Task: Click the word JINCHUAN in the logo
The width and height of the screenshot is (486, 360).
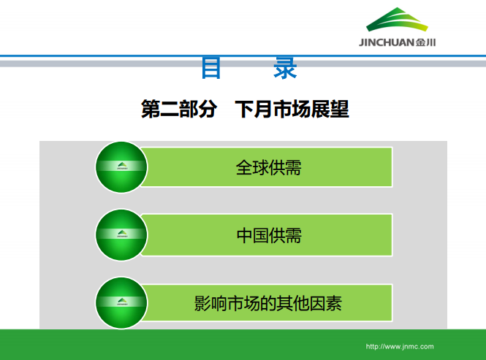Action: pyautogui.click(x=387, y=42)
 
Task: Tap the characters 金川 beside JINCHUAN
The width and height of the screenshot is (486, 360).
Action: pyautogui.click(x=426, y=42)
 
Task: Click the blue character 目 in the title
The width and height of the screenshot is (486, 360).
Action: pyautogui.click(x=212, y=68)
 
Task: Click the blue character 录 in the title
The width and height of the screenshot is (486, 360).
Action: pyautogui.click(x=285, y=68)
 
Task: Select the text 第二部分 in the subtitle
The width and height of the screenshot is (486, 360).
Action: pyautogui.click(x=179, y=110)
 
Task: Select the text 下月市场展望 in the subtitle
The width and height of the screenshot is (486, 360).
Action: pyautogui.click(x=292, y=110)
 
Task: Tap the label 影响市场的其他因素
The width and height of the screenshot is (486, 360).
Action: pyautogui.click(x=268, y=302)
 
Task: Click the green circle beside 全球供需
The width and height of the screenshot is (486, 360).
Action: pyautogui.click(x=122, y=167)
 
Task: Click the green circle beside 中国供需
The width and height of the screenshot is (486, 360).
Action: pyautogui.click(x=122, y=235)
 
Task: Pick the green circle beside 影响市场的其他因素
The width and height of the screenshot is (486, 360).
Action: pyautogui.click(x=122, y=302)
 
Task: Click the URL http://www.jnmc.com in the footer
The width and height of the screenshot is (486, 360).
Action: pyautogui.click(x=399, y=346)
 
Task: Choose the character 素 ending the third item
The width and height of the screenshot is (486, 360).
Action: pyautogui.click(x=334, y=302)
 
